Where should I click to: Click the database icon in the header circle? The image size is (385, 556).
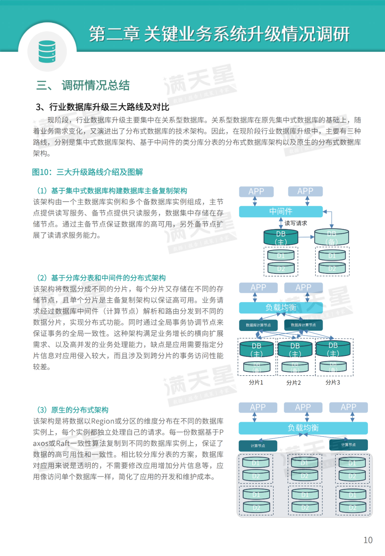coord(47,52)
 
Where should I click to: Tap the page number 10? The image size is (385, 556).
coord(368,540)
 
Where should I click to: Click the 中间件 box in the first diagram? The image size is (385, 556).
coord(281,211)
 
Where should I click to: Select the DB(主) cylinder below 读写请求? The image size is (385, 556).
coord(281,238)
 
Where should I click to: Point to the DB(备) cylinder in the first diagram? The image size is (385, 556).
coord(332,238)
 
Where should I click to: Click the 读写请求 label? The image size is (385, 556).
coord(296,223)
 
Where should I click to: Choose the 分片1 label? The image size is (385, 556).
coord(256,382)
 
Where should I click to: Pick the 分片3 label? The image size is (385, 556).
coord(333,382)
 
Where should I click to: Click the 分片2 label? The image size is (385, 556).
coord(294,383)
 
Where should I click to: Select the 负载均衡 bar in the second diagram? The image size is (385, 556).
coord(281,307)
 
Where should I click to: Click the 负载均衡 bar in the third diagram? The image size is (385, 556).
coord(303,428)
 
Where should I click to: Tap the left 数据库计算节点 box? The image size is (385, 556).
coord(258,325)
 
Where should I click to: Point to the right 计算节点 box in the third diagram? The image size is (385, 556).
coord(348,445)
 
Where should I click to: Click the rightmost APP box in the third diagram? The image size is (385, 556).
coord(348,407)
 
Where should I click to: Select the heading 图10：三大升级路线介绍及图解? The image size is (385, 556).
coord(87,172)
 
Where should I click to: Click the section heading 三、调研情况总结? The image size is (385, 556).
coord(83,86)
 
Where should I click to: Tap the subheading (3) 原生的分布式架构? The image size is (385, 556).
coord(73,410)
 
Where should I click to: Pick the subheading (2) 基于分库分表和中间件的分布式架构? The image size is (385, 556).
coord(101,278)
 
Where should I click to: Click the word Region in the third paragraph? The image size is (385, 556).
coord(102,421)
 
